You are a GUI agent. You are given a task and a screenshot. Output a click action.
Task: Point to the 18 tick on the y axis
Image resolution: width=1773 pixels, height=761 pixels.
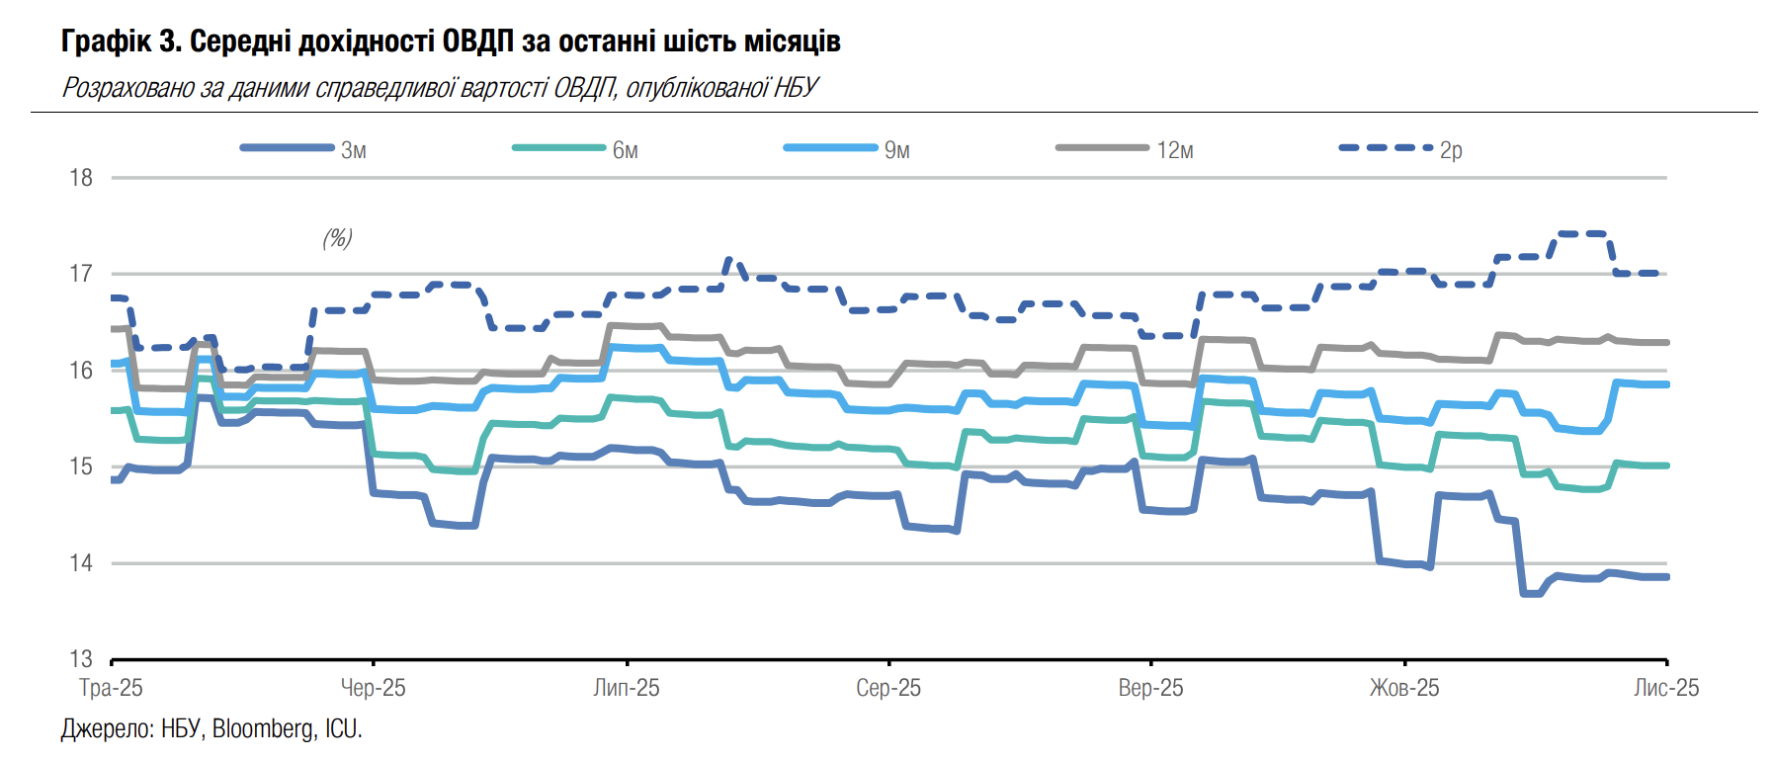click(80, 178)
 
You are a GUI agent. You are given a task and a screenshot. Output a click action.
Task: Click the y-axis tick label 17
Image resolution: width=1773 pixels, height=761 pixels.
click(80, 274)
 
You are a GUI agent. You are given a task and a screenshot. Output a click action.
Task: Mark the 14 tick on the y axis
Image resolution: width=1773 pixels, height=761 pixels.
click(80, 563)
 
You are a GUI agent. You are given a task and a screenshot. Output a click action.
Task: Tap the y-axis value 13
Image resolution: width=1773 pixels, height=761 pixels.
click(80, 659)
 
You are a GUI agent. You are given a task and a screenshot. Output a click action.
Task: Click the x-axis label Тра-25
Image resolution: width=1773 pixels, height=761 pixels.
click(111, 688)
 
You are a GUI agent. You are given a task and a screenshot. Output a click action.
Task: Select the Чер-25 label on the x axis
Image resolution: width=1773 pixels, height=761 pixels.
click(373, 688)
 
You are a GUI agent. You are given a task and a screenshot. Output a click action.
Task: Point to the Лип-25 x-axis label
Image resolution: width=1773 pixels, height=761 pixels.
click(627, 688)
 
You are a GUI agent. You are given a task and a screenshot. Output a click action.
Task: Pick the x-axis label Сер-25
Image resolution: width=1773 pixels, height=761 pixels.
click(888, 688)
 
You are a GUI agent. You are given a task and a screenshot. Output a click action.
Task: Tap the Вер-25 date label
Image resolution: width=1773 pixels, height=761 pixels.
click(1150, 688)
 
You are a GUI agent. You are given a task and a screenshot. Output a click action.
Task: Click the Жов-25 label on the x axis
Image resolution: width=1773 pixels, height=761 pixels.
click(1404, 688)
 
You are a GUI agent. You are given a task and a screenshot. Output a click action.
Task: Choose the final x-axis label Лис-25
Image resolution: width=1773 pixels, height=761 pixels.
click(1666, 688)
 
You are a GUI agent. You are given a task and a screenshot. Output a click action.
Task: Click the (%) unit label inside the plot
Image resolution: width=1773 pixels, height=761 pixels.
click(337, 238)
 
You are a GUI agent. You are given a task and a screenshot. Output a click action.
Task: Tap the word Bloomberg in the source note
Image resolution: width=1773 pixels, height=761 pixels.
click(262, 729)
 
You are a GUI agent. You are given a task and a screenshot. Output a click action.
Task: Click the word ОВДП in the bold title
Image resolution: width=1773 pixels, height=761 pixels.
click(477, 42)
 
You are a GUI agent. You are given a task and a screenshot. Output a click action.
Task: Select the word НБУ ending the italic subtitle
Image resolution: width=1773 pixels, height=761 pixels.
click(796, 88)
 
